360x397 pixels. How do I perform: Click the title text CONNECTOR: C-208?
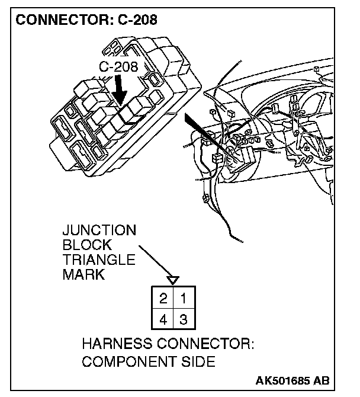pos(86,20)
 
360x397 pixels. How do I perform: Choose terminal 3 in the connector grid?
pos(184,321)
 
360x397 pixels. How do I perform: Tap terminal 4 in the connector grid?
pos(162,321)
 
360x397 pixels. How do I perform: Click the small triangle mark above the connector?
pos(172,278)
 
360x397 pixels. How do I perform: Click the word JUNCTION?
pos(99,230)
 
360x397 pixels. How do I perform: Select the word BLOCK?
pos(87,245)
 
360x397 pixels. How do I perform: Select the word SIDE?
pos(198,362)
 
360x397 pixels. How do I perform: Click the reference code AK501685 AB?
pos(293,380)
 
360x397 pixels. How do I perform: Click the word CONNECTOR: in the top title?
pos(57,20)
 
